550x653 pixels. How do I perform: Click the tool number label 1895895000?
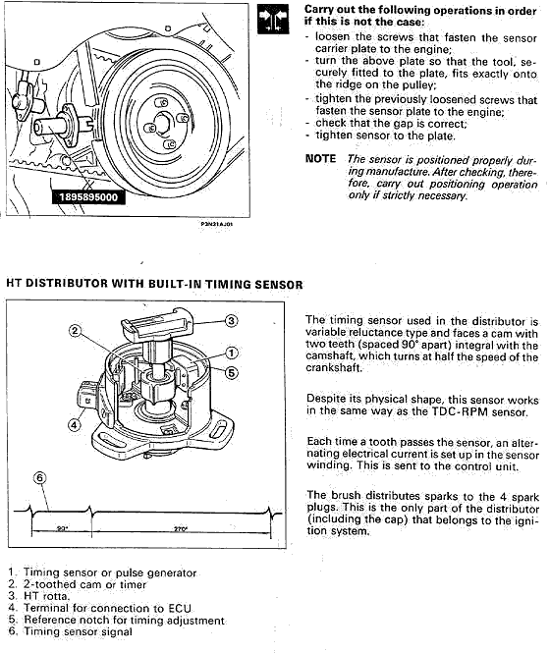(x=88, y=197)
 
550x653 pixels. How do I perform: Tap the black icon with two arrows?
(x=273, y=19)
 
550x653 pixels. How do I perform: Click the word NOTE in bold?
(x=320, y=159)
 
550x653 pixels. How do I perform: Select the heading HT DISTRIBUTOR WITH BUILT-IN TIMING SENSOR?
(x=154, y=284)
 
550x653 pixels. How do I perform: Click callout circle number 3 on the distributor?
(x=231, y=321)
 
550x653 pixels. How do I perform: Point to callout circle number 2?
(x=75, y=331)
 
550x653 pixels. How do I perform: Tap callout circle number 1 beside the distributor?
(x=232, y=354)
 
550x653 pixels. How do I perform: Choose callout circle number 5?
(x=232, y=372)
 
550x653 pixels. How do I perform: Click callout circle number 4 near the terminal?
(x=75, y=425)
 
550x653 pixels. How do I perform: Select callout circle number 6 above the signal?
(x=39, y=477)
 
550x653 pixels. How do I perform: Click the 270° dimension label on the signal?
(x=181, y=529)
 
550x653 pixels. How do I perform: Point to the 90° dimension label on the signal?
(x=62, y=529)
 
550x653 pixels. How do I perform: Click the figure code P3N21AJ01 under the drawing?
(x=217, y=224)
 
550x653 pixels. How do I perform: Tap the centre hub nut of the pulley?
(x=161, y=124)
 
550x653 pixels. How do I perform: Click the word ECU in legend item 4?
(x=180, y=608)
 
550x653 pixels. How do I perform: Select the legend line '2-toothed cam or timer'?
(x=78, y=584)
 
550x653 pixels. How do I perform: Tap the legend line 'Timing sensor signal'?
(x=71, y=631)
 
